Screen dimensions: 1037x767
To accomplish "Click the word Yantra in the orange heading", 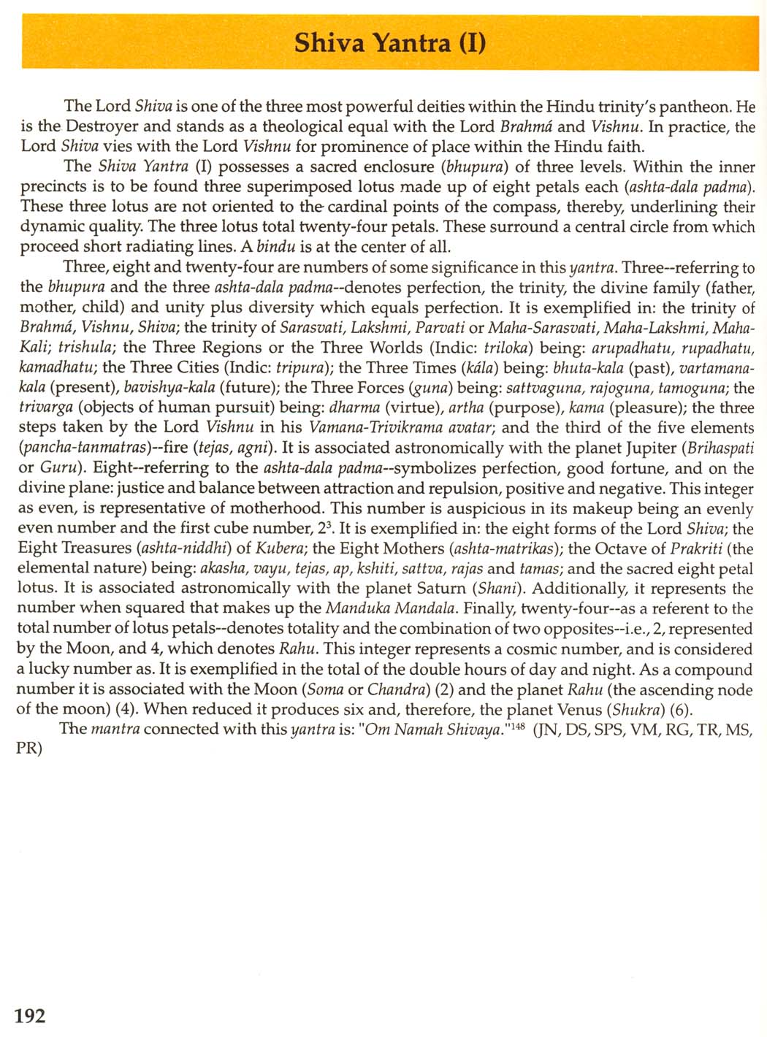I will pyautogui.click(x=413, y=43).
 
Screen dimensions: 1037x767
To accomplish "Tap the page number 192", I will pyautogui.click(x=30, y=1015).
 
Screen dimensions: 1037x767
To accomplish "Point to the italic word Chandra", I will pyautogui.click(x=394, y=689).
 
